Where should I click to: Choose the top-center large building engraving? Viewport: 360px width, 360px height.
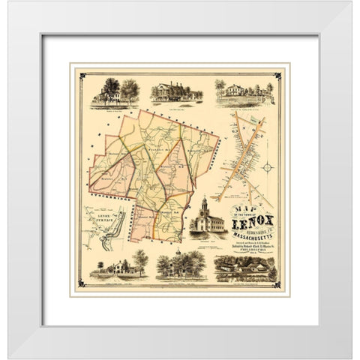(x=177, y=91)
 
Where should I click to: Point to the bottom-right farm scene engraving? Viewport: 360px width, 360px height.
(x=244, y=267)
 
